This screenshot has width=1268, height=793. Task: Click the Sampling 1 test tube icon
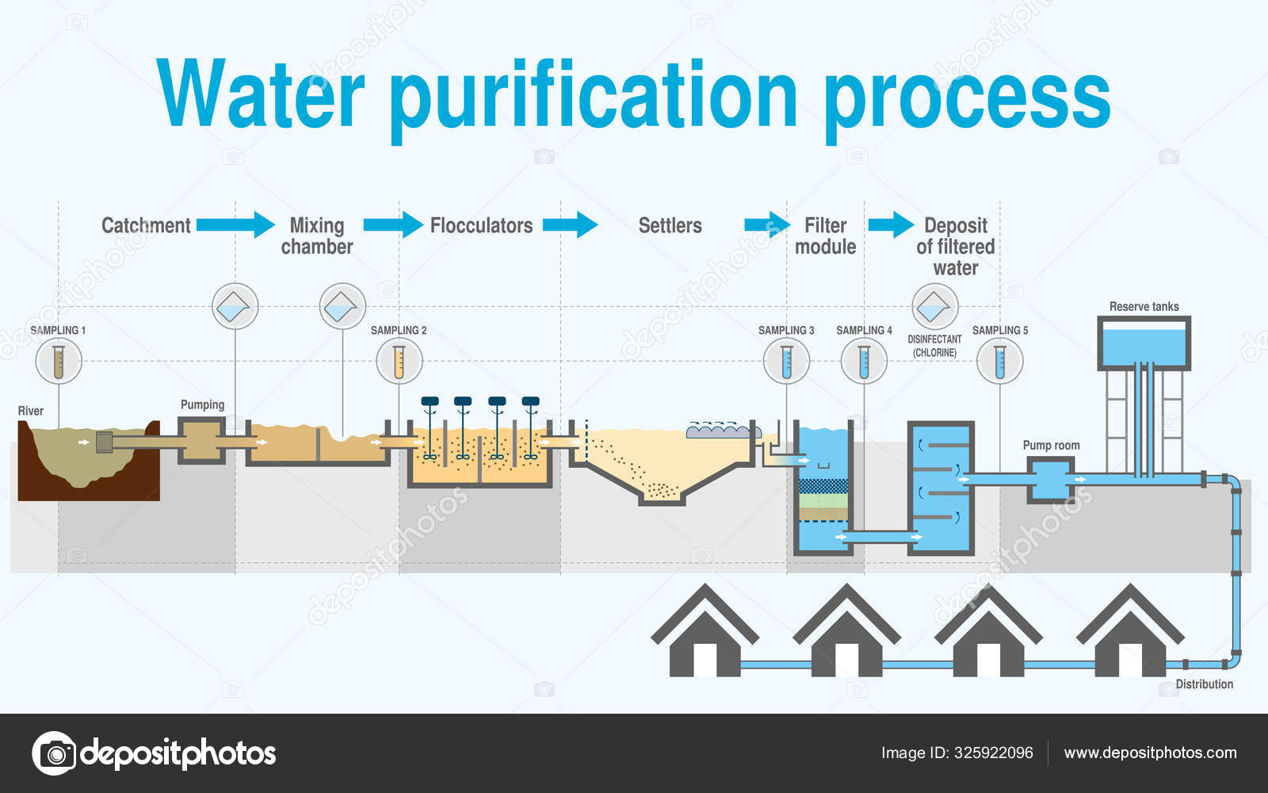(59, 361)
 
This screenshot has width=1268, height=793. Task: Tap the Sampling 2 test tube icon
(399, 361)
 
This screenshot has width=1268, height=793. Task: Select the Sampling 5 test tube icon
(999, 361)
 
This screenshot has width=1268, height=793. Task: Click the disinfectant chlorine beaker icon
(935, 306)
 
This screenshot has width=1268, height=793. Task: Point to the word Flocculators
(481, 225)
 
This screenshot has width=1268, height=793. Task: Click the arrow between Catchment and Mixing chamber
(235, 224)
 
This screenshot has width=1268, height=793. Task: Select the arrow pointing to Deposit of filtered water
(891, 224)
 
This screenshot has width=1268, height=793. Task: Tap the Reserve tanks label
(1144, 307)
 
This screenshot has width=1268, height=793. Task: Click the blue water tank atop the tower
(1144, 344)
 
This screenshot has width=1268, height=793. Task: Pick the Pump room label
(1051, 446)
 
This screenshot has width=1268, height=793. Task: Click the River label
(31, 411)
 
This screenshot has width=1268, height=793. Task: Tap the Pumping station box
(201, 441)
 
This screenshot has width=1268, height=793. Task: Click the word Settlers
(670, 226)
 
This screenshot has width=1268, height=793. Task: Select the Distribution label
(1204, 684)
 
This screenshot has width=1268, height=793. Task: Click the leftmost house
(705, 634)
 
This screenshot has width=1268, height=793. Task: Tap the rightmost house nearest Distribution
(1130, 634)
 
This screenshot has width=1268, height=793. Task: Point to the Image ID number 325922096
(993, 753)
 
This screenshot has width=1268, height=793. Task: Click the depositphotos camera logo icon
(54, 753)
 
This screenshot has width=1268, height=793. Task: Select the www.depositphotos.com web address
(1150, 753)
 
